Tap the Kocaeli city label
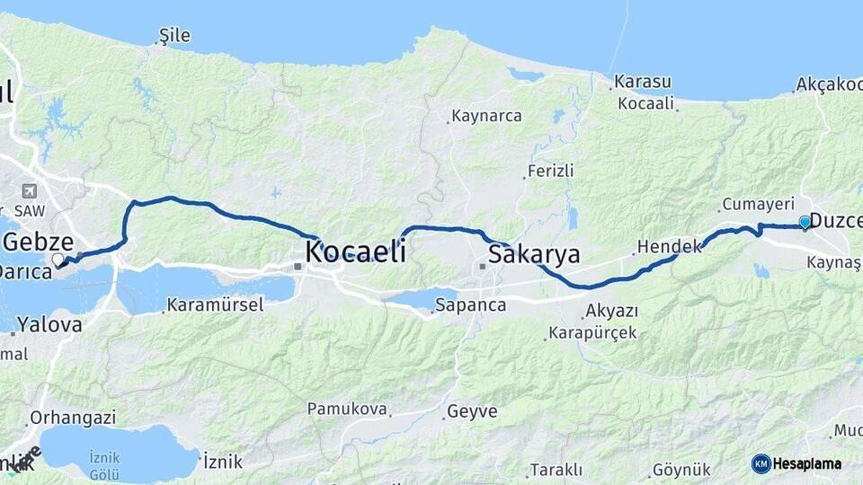click(355, 251)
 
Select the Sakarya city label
click(534, 254)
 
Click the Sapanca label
click(470, 305)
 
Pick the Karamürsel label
click(215, 305)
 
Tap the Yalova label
click(49, 325)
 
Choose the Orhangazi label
click(73, 418)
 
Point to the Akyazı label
click(611, 311)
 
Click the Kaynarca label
click(486, 116)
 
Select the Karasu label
click(643, 82)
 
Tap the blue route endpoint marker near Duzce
click(805, 222)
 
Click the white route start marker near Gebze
click(58, 260)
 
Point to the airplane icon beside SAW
click(30, 191)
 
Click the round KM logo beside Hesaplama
click(761, 463)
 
